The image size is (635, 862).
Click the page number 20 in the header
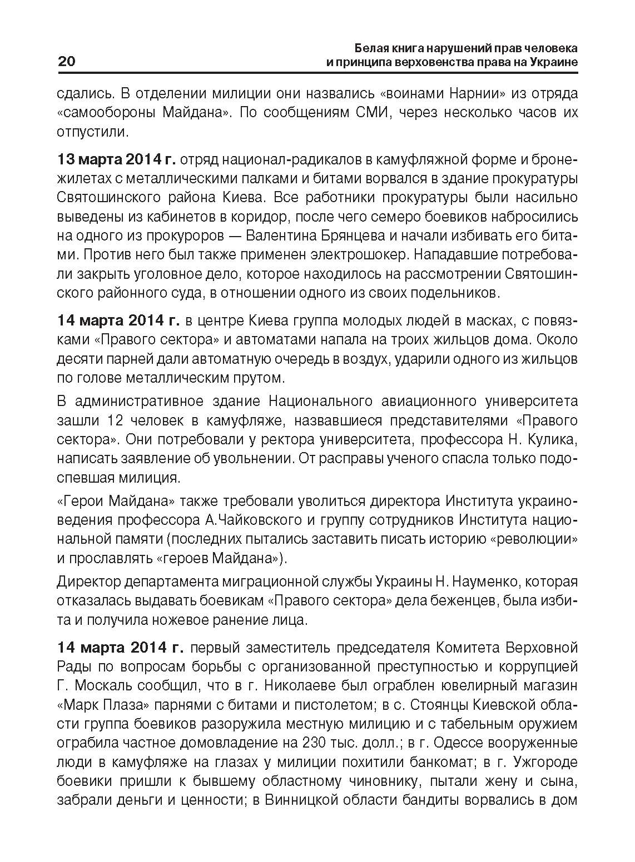[66, 62]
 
